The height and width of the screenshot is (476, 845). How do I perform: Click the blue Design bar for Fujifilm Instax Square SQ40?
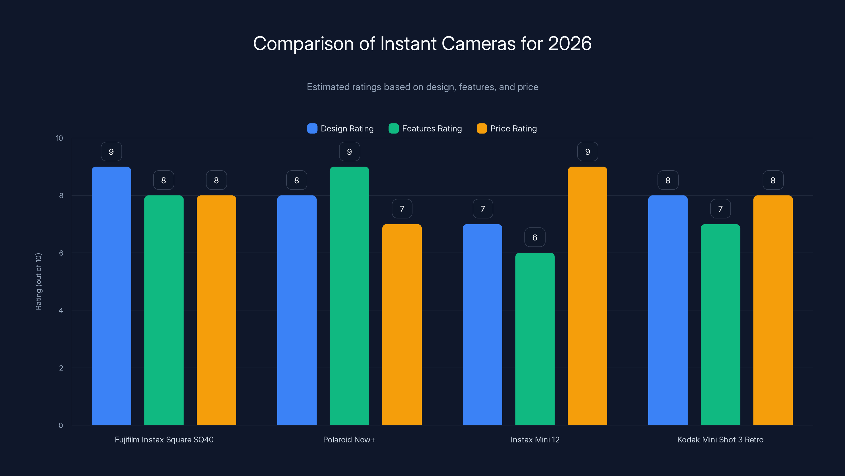(x=111, y=296)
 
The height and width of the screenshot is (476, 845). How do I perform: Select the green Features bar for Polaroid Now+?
(x=349, y=296)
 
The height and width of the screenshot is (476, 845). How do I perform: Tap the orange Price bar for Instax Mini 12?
(x=587, y=296)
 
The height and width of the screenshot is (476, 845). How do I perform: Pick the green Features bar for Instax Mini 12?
(x=535, y=338)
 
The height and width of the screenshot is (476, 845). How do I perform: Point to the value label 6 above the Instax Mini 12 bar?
(x=535, y=237)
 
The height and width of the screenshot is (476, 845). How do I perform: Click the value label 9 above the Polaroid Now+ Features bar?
(x=349, y=152)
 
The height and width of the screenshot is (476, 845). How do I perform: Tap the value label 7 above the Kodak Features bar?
(x=720, y=209)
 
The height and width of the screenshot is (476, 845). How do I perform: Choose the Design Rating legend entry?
(x=340, y=129)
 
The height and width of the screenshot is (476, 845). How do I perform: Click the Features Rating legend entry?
(x=425, y=129)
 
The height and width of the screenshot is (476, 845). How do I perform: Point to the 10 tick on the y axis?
(x=59, y=138)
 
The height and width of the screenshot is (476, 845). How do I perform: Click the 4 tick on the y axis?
(x=61, y=310)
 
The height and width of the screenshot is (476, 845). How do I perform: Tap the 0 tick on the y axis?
(x=61, y=425)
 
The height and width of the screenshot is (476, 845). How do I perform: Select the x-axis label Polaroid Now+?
(x=349, y=440)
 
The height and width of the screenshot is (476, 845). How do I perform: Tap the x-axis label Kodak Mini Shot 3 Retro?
(x=720, y=440)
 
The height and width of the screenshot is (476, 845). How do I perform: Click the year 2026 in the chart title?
(x=570, y=43)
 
